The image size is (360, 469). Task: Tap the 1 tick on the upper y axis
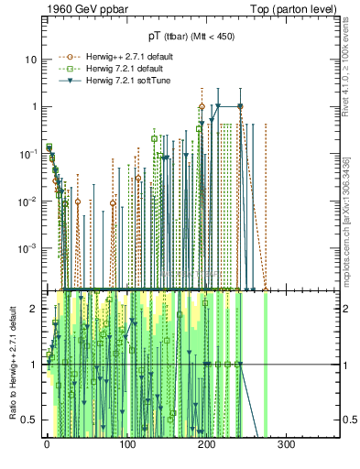pos(34,106)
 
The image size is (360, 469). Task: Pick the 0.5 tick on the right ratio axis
pos(348,420)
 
